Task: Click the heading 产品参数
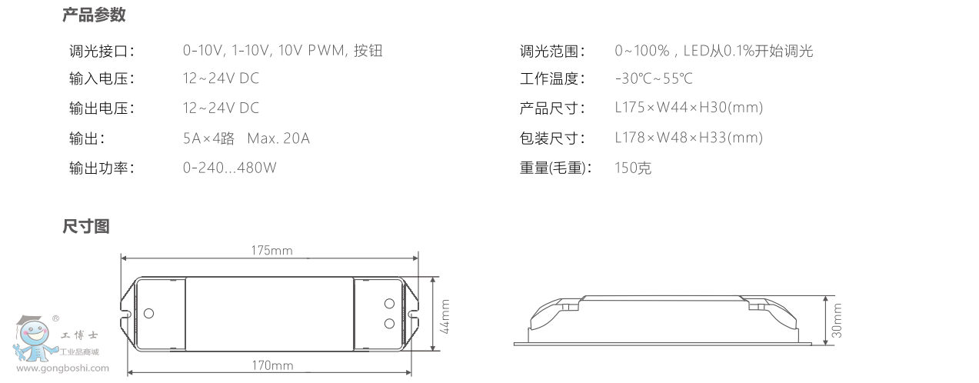94,15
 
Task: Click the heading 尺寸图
86,226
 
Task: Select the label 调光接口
102,52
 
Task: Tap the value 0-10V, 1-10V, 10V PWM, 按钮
282,52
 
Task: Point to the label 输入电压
102,79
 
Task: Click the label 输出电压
102,108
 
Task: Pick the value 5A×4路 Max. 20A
246,138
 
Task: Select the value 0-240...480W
229,168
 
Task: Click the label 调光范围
552,52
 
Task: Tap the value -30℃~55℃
654,79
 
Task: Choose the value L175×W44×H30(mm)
688,108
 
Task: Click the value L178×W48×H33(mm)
688,138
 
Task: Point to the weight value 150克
633,168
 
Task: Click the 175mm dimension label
271,251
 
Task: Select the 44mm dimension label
445,315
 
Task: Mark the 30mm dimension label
837,319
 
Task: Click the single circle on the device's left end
148,313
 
